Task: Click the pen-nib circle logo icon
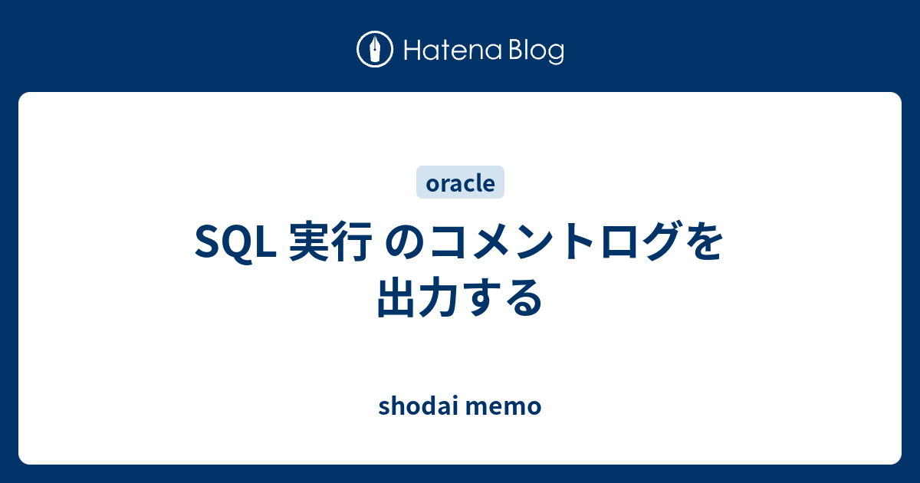pos(375,49)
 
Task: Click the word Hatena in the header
pos(453,51)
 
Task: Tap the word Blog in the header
pos(537,52)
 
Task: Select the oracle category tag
pos(460,182)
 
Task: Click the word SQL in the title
pos(235,242)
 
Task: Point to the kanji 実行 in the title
pos(331,242)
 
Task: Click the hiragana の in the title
pos(405,242)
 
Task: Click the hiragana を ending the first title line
pos(702,242)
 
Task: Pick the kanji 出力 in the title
pos(418,297)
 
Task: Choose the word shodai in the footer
pos(418,406)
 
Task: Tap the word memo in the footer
pos(504,408)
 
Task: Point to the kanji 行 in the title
pos(353,242)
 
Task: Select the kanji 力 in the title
pos(439,297)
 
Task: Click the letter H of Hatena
pos(412,51)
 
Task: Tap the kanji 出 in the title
pos(397,297)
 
